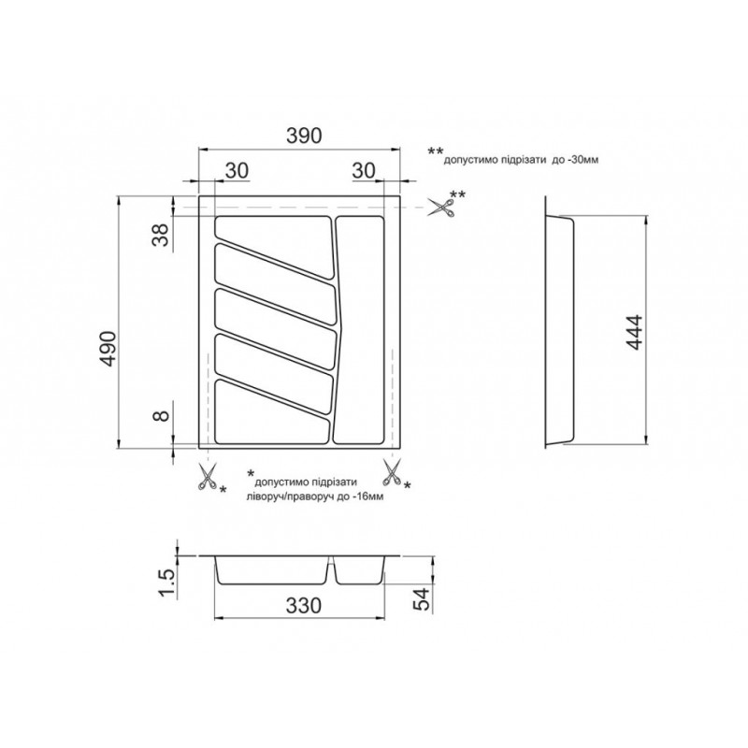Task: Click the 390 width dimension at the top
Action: click(x=304, y=136)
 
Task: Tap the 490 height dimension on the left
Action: click(x=108, y=349)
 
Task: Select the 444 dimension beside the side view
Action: click(x=635, y=333)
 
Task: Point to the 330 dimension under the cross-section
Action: click(x=304, y=606)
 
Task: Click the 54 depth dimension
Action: click(x=422, y=599)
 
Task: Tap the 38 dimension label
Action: click(x=162, y=235)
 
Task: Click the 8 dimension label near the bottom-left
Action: click(x=162, y=415)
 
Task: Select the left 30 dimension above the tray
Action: click(x=237, y=170)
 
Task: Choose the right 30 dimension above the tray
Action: click(x=364, y=170)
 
